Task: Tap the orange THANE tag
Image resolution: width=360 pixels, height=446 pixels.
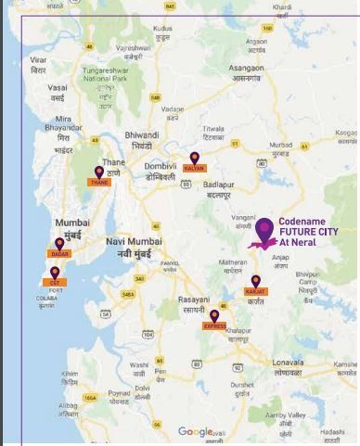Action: click(99, 183)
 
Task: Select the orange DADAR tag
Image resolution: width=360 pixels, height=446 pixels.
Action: click(60, 253)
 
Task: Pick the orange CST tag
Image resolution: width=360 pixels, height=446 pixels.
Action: click(55, 281)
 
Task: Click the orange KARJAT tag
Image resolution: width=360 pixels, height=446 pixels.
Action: click(255, 291)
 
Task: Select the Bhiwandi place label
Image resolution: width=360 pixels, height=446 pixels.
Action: click(142, 139)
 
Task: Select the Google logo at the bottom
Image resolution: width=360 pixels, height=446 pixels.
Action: click(195, 431)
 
